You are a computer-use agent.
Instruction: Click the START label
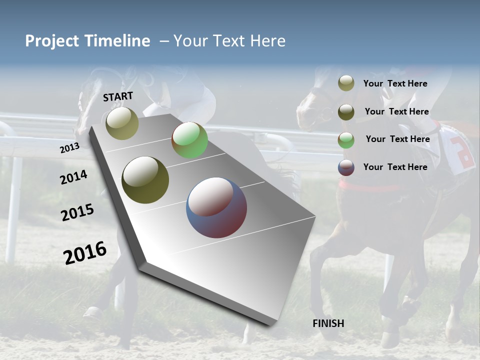pyautogui.click(x=118, y=96)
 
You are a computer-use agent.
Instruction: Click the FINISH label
pyautogui.click(x=328, y=323)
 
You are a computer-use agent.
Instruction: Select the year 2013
pyautogui.click(x=70, y=147)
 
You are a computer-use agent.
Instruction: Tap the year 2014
pyautogui.click(x=74, y=177)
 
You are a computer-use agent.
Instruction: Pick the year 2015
pyautogui.click(x=77, y=212)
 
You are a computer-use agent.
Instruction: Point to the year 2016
pyautogui.click(x=85, y=252)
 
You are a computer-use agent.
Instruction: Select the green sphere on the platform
pyautogui.click(x=189, y=140)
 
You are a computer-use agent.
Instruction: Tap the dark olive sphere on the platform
pyautogui.click(x=145, y=180)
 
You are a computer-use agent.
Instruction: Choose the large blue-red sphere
pyautogui.click(x=216, y=207)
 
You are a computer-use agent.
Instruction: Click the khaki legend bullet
pyautogui.click(x=346, y=83)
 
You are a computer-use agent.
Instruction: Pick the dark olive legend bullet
pyautogui.click(x=346, y=112)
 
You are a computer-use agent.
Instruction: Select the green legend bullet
pyautogui.click(x=346, y=139)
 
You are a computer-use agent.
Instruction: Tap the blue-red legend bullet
pyautogui.click(x=346, y=167)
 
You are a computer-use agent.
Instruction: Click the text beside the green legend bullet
pyautogui.click(x=397, y=139)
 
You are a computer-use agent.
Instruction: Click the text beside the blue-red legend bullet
pyautogui.click(x=395, y=167)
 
